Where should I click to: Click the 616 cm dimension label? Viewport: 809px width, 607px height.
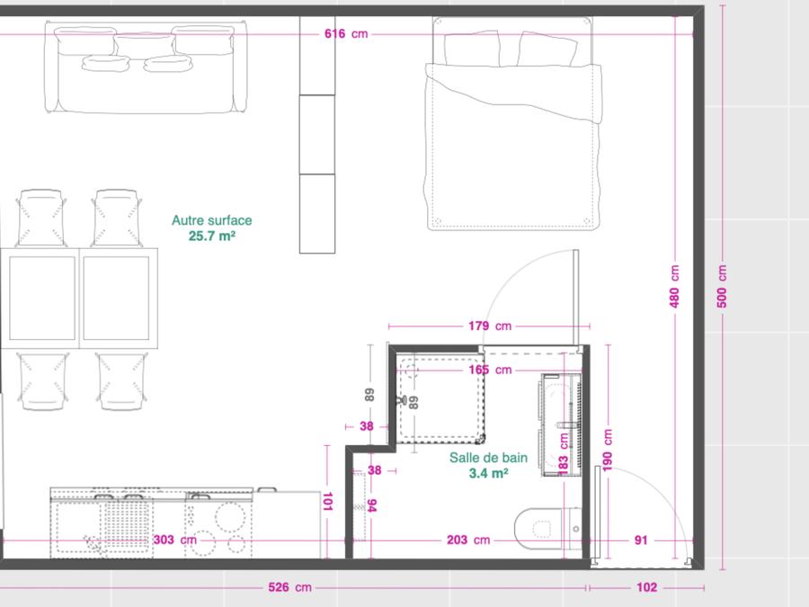click(346, 34)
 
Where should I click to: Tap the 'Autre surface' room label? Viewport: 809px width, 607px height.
click(211, 220)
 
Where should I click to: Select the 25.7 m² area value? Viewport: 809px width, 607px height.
click(211, 236)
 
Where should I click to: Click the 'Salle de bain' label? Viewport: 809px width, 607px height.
click(488, 458)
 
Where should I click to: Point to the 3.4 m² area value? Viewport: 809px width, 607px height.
click(488, 473)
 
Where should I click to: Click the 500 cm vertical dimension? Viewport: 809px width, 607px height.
click(722, 287)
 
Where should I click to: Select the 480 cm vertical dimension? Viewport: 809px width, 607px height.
click(674, 287)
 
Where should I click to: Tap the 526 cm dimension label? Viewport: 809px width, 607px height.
click(289, 587)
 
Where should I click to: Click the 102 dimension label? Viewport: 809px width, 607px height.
click(646, 587)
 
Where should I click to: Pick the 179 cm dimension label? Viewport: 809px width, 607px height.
click(490, 326)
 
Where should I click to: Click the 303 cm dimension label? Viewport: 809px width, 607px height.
click(175, 540)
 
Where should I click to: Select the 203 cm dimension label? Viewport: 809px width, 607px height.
click(468, 540)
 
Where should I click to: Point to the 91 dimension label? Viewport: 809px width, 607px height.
click(641, 540)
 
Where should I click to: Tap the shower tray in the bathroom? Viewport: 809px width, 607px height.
click(440, 398)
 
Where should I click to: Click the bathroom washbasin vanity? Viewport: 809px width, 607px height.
click(561, 424)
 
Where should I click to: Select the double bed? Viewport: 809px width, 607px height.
click(513, 123)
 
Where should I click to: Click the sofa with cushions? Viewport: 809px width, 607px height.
click(146, 67)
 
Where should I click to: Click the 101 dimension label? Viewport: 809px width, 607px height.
click(327, 501)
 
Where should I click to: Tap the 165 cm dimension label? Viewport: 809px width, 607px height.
click(490, 370)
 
